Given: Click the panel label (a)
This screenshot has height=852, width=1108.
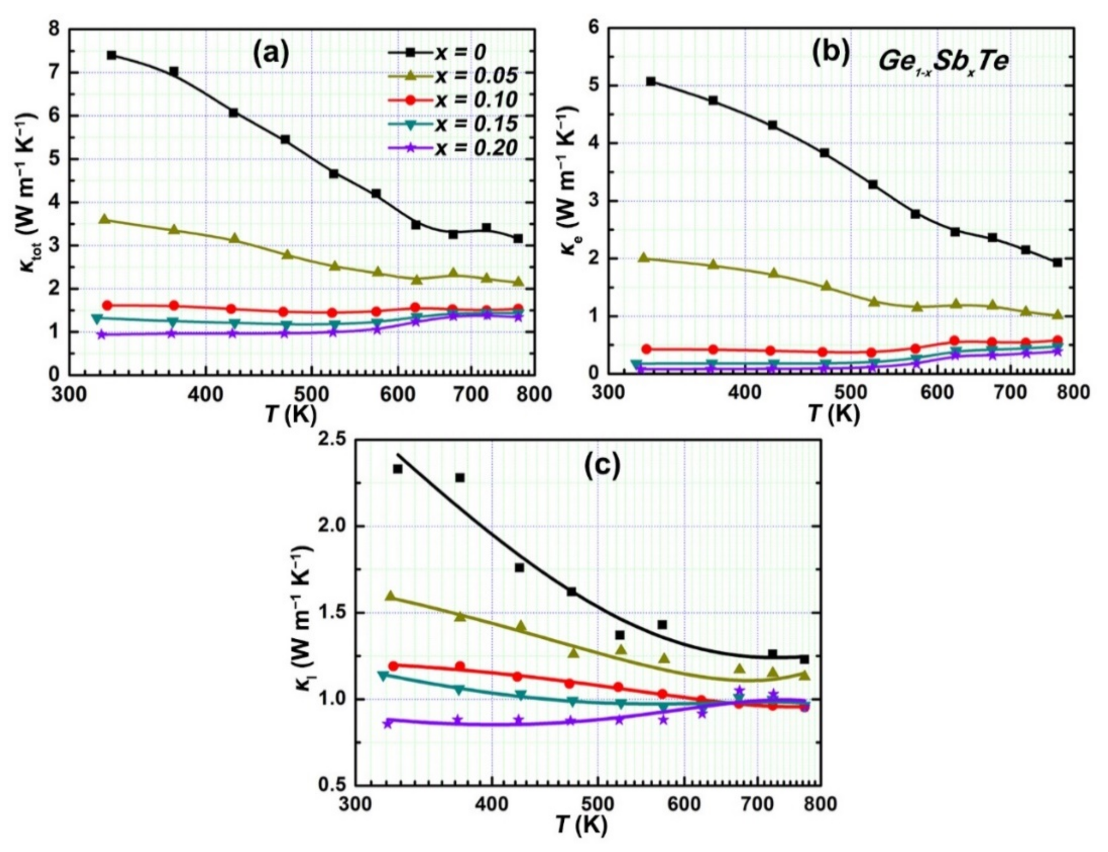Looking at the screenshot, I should tap(271, 54).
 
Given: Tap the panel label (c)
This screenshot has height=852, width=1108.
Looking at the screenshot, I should tap(602, 466).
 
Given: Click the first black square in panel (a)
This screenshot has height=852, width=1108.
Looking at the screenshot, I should tap(111, 55).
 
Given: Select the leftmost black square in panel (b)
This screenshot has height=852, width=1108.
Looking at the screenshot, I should tap(651, 81).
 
